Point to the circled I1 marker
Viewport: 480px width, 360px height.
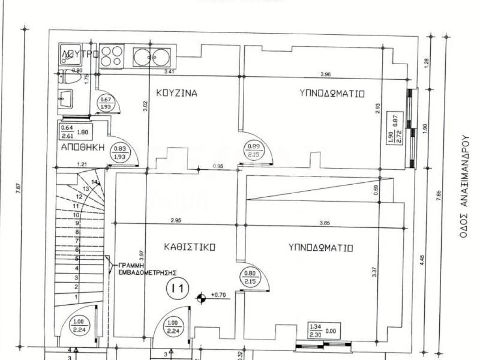tap(178, 287)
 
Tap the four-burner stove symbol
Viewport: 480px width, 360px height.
tap(112, 56)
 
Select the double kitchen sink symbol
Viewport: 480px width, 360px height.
tap(151, 57)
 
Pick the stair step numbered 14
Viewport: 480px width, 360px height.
tap(96, 181)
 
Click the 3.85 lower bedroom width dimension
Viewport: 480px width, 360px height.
tap(324, 223)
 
